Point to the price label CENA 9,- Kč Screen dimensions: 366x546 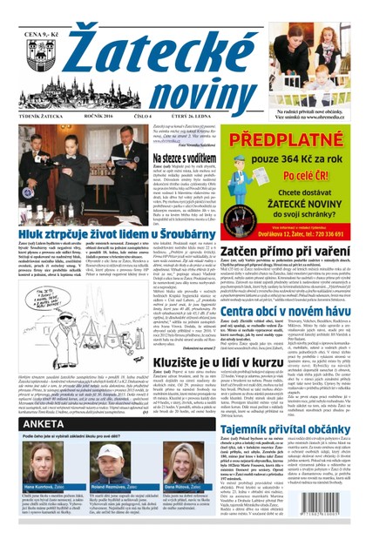click(x=30, y=11)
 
